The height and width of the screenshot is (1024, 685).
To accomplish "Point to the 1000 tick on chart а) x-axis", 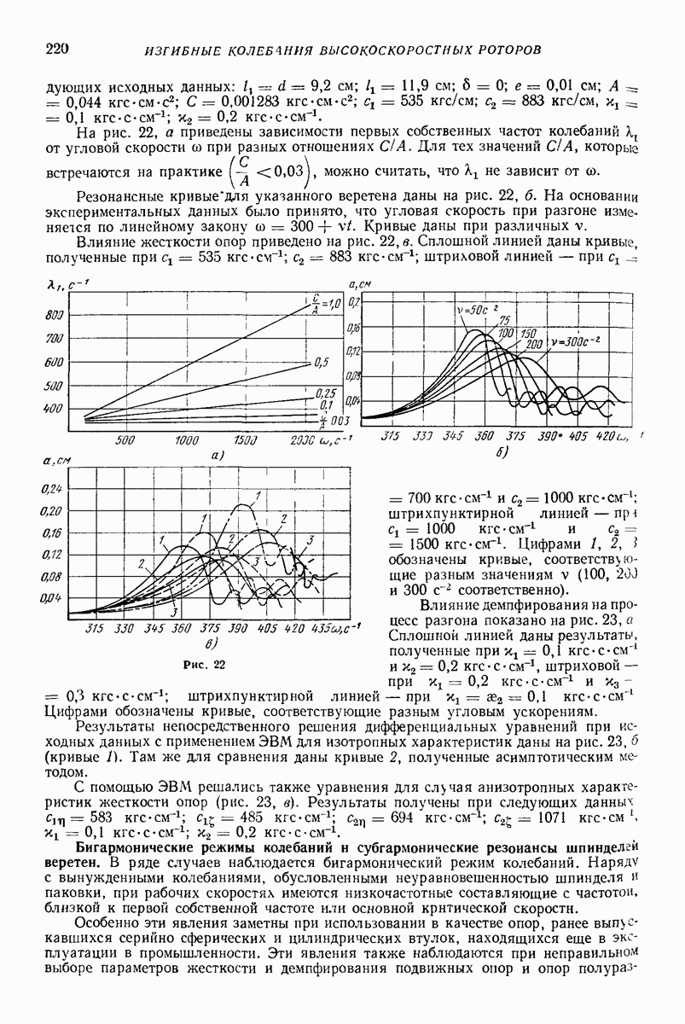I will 186,440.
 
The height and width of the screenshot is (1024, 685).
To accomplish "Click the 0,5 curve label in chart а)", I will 322,363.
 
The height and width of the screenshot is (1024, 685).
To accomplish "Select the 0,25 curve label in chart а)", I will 324,393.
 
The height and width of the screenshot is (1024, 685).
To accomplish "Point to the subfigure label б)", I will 501,452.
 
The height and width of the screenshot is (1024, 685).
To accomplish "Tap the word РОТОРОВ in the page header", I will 502,49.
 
